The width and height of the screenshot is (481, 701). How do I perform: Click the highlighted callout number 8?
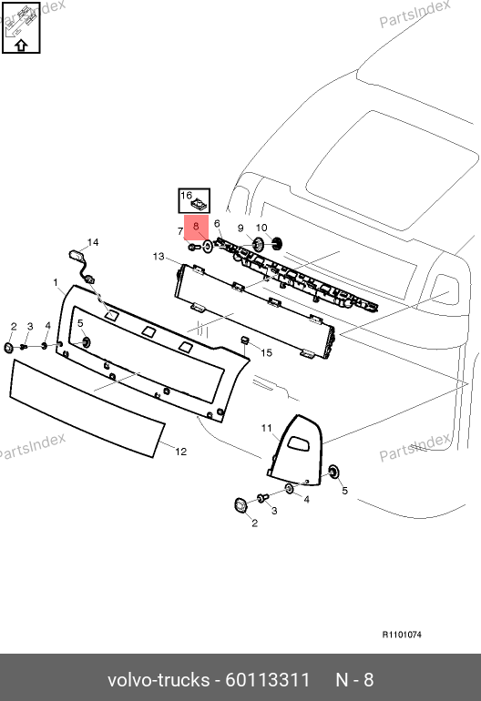point(196,227)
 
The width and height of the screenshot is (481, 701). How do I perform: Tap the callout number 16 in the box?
point(186,196)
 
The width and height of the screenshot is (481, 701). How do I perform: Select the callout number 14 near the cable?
point(93,242)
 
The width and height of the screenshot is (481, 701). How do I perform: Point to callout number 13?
point(159,257)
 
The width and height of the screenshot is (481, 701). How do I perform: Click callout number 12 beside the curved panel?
point(180,452)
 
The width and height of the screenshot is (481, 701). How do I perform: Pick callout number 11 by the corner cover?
point(267,428)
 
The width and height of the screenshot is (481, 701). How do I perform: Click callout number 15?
point(266,352)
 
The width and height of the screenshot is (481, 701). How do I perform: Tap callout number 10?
point(261,228)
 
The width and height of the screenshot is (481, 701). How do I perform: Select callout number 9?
point(240,228)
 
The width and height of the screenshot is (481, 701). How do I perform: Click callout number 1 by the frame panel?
point(56,282)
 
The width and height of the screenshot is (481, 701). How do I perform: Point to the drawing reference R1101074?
point(402,635)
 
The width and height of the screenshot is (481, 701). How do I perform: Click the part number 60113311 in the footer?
point(268,680)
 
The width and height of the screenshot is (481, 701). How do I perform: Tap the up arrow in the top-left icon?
point(21,46)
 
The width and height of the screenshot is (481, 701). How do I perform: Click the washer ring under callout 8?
point(208,246)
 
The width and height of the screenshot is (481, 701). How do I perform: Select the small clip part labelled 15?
point(245,340)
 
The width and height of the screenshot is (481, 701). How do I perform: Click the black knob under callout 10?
point(277,244)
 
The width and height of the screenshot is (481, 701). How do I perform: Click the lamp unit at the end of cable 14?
point(76,255)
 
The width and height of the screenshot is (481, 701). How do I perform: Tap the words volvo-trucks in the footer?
point(159,680)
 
